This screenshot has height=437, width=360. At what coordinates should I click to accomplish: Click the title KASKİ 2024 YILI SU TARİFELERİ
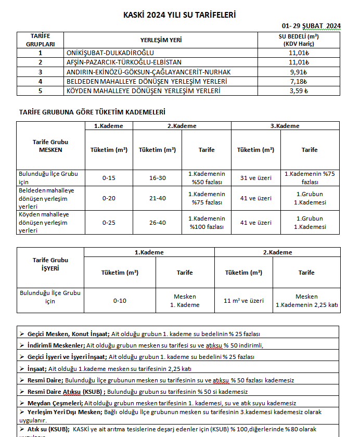click(179, 15)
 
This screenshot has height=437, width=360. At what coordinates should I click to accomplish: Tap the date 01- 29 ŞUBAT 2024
click(311, 25)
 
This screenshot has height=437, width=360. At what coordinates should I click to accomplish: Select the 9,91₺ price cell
click(299, 72)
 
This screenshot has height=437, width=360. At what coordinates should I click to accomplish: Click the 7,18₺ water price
click(299, 81)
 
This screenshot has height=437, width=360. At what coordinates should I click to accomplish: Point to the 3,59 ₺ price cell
click(299, 91)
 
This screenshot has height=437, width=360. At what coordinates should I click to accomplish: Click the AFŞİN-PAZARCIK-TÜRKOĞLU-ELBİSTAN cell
click(128, 62)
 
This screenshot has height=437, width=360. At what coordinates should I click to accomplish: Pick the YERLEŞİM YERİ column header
click(161, 40)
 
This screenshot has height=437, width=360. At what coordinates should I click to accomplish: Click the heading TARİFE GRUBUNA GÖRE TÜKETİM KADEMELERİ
click(93, 112)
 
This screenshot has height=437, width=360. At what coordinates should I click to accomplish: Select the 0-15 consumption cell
click(109, 178)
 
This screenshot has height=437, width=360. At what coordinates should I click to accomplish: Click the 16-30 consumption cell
click(157, 178)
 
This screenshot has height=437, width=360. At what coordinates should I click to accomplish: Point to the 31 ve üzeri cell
click(255, 178)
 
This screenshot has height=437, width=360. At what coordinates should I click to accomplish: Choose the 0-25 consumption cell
click(109, 223)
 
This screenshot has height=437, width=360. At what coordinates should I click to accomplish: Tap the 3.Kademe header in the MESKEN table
click(285, 126)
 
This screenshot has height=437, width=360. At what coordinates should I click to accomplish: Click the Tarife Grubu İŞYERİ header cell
click(50, 264)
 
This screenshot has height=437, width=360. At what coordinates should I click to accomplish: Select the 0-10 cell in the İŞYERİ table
click(120, 301)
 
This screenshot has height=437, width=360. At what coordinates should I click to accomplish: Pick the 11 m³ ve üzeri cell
click(243, 301)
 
